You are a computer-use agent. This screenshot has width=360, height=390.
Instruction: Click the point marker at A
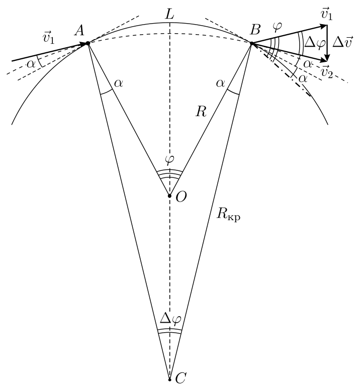pyautogui.click(x=87, y=43)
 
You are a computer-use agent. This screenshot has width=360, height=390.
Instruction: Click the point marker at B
pyautogui.click(x=252, y=43)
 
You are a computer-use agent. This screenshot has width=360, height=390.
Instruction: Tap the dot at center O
pyautogui.click(x=169, y=196)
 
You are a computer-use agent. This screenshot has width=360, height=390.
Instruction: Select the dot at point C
pyautogui.click(x=169, y=380)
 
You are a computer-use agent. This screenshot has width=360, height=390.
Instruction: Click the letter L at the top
pyautogui.click(x=169, y=15)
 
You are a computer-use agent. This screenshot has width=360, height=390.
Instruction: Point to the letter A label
pyautogui.click(x=80, y=31)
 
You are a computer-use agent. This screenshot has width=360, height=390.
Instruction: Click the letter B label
pyautogui.click(x=255, y=30)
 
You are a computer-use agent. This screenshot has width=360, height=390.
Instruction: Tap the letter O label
pyautogui.click(x=181, y=198)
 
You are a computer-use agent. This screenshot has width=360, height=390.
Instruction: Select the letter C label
pyautogui.click(x=181, y=379)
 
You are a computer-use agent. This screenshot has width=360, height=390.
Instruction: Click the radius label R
pyautogui.click(x=201, y=112)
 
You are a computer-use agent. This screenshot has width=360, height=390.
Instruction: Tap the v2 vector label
pyautogui.click(x=327, y=72)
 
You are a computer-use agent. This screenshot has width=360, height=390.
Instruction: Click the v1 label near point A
pyautogui.click(x=48, y=37)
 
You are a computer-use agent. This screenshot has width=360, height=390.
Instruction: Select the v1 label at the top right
pyautogui.click(x=327, y=14)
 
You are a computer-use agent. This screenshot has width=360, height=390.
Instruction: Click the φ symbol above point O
pyautogui.click(x=169, y=159)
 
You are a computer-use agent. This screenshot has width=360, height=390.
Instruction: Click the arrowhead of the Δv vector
pyautogui.click(x=327, y=58)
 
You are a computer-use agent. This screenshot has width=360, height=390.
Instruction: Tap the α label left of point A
pyautogui.click(x=31, y=64)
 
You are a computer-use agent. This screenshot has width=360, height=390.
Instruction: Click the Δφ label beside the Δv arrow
pyautogui.click(x=315, y=43)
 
